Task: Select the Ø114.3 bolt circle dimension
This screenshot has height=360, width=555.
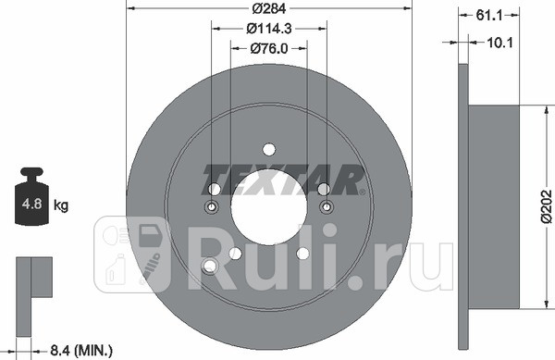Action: pyautogui.click(x=268, y=30)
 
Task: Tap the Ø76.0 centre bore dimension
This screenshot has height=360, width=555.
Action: pyautogui.click(x=268, y=50)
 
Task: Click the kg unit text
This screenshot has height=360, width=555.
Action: pyautogui.click(x=62, y=205)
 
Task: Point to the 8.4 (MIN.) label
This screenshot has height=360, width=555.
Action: pyautogui.click(x=81, y=349)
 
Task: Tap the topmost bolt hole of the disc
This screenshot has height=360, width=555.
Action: pyautogui.click(x=268, y=150)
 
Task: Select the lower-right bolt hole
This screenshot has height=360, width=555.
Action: pyautogui.click(x=302, y=254)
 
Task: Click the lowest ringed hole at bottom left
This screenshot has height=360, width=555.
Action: pyautogui.click(x=210, y=267)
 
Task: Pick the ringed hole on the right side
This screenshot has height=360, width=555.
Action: pyautogui.click(x=325, y=205)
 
